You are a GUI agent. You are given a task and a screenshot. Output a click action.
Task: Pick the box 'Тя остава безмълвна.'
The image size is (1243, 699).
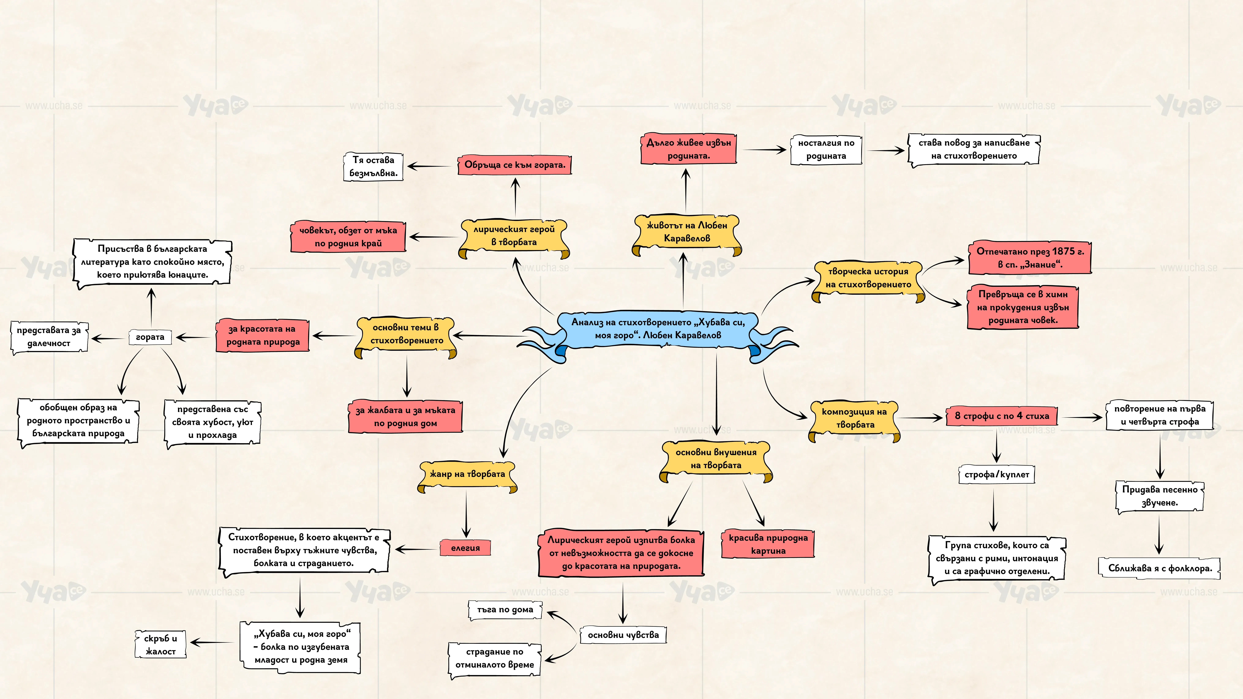[x=373, y=166]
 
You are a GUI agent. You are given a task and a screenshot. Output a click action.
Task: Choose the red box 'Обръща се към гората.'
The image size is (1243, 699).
[x=514, y=164]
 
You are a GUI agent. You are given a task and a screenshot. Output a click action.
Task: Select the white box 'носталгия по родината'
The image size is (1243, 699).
[x=826, y=150]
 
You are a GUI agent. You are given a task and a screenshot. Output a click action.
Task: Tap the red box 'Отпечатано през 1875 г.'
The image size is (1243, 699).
[x=1030, y=258]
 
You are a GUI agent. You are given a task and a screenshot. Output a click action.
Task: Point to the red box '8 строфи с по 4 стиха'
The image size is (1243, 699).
[x=1002, y=416]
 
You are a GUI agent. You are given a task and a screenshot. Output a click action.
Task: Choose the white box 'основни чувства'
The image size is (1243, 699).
[x=623, y=635]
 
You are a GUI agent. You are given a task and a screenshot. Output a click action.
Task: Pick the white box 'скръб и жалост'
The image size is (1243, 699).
[x=160, y=645]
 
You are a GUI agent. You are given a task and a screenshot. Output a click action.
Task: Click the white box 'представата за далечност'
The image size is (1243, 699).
[x=49, y=337]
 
